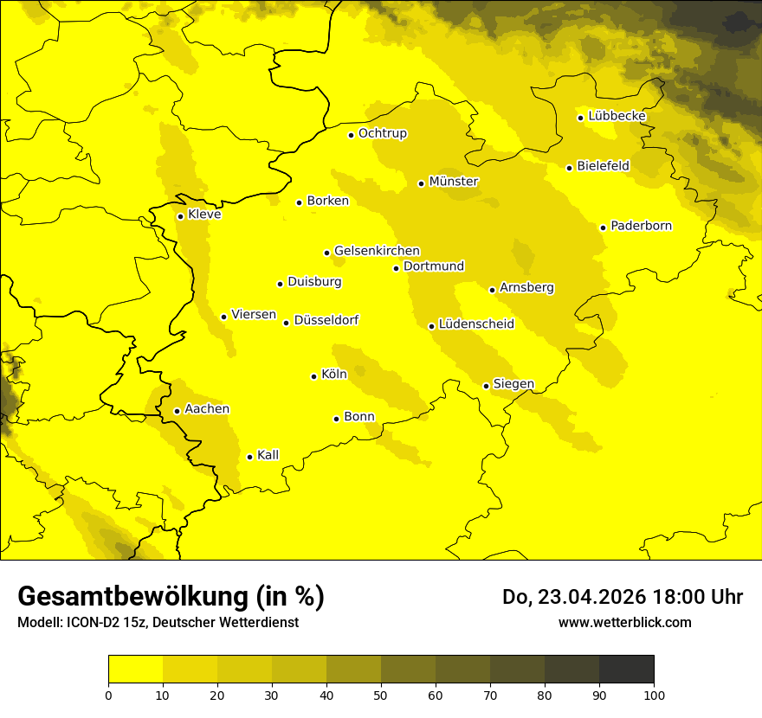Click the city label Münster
[454, 182]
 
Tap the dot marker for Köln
[313, 376]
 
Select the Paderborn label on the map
[641, 226]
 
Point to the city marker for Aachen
[177, 411]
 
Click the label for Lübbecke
[617, 116]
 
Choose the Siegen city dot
[486, 386]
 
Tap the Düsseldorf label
[326, 320]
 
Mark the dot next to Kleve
[180, 216]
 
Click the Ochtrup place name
[382, 133]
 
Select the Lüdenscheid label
[476, 324]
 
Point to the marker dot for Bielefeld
[569, 168]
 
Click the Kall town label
[268, 455]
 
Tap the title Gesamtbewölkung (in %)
[171, 597]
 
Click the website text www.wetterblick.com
[624, 622]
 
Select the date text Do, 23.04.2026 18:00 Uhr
[622, 597]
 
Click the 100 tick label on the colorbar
[654, 694]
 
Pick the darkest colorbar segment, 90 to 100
[626, 670]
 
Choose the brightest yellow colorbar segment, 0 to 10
[135, 670]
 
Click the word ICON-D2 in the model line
[84, 622]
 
